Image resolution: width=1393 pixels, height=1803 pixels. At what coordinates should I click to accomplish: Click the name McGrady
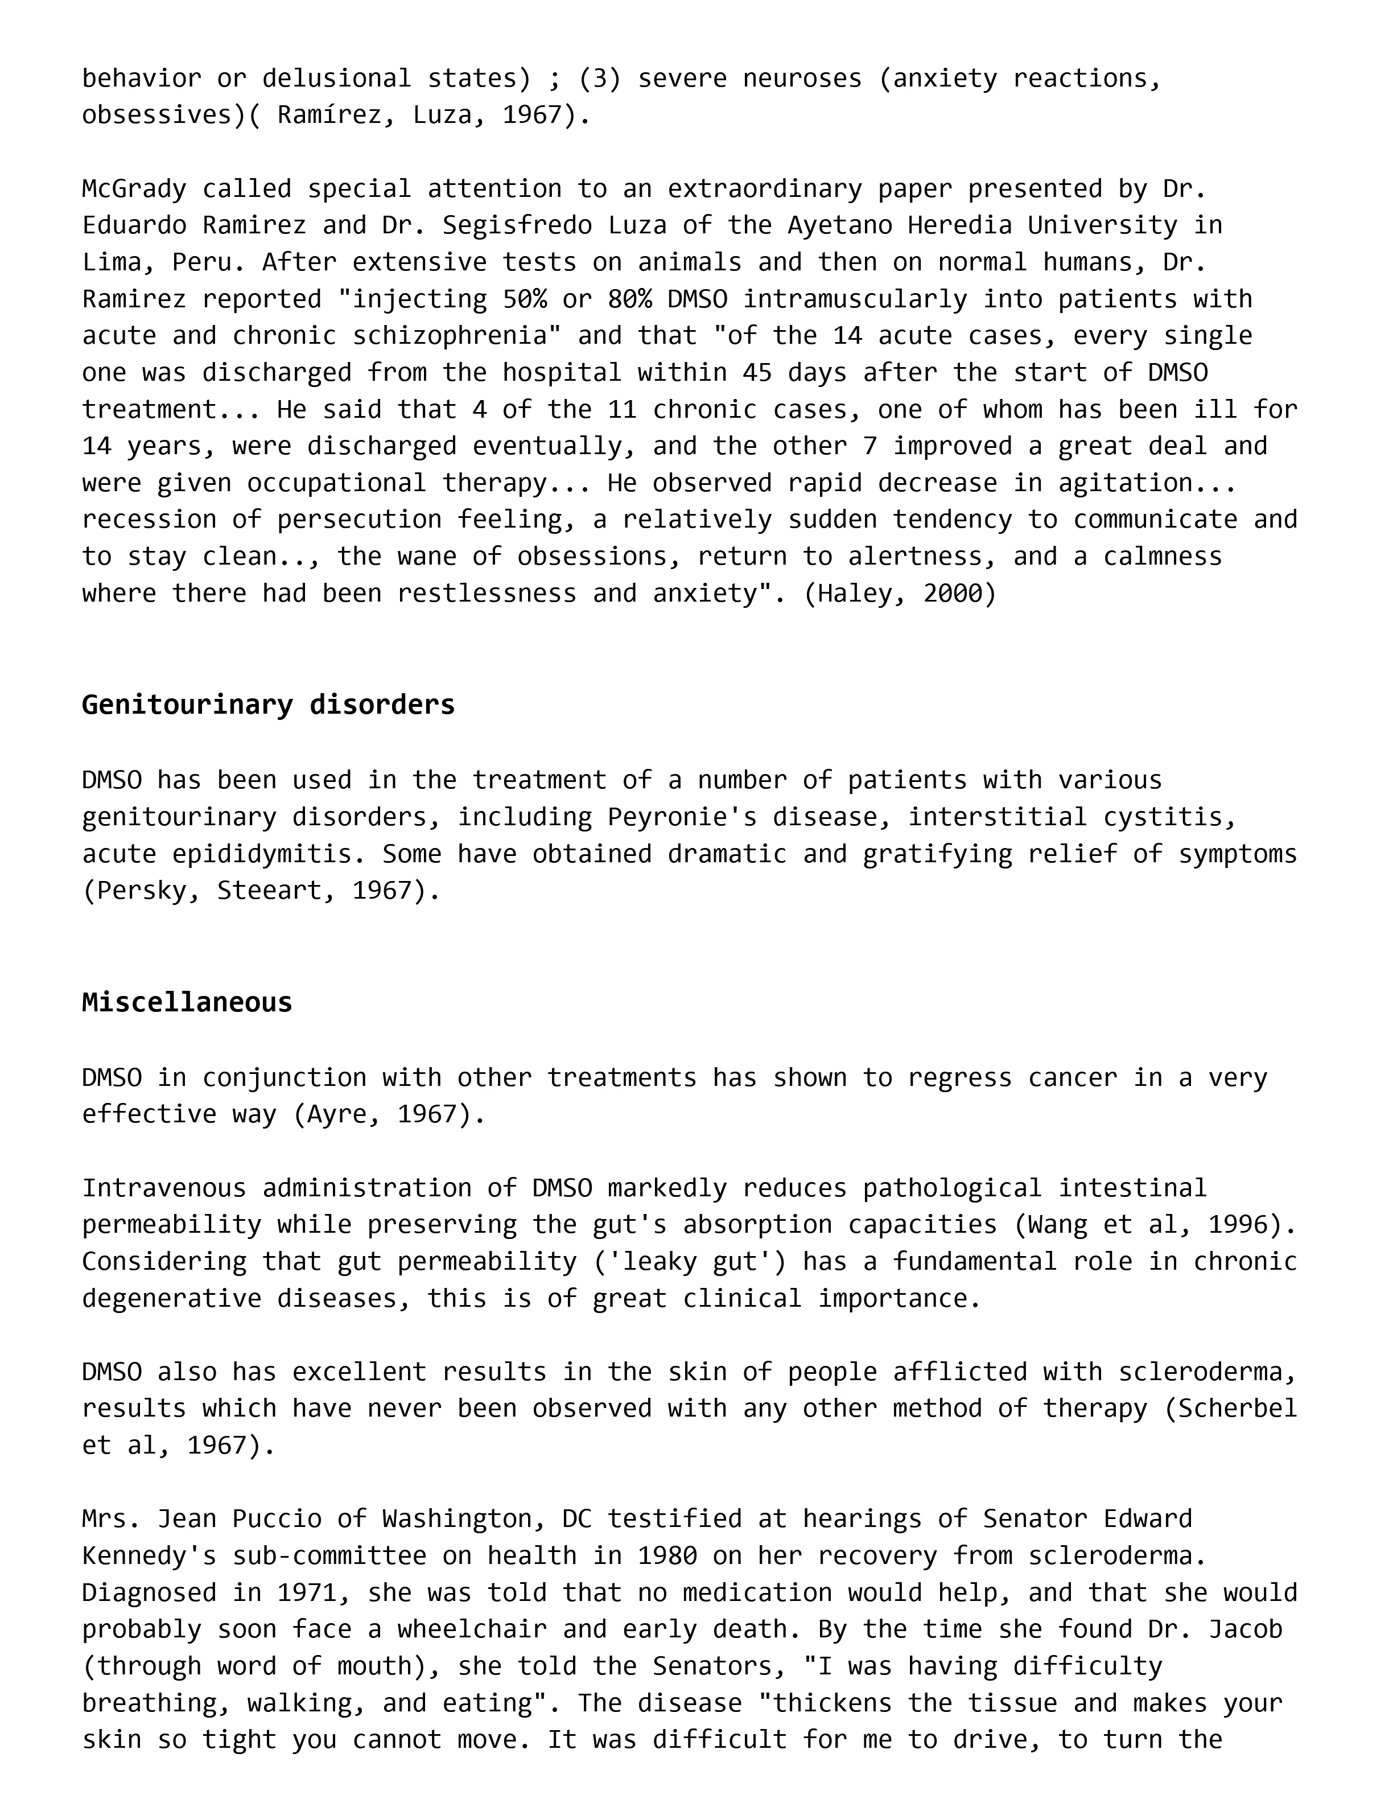click(x=134, y=189)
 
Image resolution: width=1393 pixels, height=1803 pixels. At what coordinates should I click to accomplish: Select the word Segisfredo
click(x=517, y=225)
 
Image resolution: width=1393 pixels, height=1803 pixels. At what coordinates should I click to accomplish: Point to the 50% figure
click(x=524, y=299)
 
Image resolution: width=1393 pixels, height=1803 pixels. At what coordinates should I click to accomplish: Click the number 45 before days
click(x=757, y=372)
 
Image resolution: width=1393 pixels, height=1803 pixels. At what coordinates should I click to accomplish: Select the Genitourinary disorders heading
click(x=268, y=704)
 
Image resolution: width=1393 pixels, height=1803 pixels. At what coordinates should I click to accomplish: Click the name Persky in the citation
click(x=141, y=890)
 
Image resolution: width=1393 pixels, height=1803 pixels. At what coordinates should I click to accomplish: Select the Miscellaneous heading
click(x=187, y=1002)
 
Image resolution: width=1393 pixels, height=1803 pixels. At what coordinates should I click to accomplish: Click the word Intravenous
click(x=164, y=1188)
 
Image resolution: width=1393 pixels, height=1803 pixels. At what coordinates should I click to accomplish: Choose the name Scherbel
click(x=1237, y=1409)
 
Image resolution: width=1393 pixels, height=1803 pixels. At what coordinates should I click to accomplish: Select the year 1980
click(x=667, y=1556)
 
